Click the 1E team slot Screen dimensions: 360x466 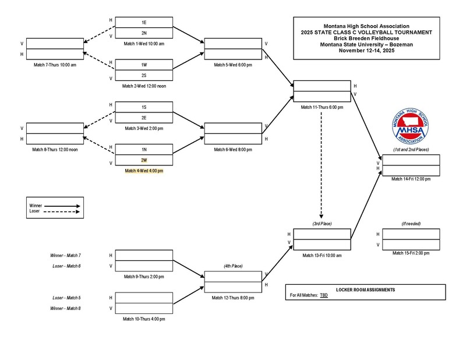pyautogui.click(x=143, y=22)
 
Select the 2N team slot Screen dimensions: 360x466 pyautogui.click(x=143, y=33)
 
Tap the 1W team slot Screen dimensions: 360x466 pyautogui.click(x=143, y=65)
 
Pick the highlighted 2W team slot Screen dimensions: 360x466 pyautogui.click(x=143, y=160)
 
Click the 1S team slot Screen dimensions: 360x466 pyautogui.click(x=143, y=107)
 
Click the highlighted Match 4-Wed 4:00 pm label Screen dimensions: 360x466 pyautogui.click(x=143, y=171)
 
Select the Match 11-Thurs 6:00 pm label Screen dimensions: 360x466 pyautogui.click(x=322, y=107)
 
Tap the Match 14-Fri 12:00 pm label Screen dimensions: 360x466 pyautogui.click(x=411, y=179)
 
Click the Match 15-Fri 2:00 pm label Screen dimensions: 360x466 pyautogui.click(x=411, y=253)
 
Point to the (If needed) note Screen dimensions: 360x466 pyautogui.click(x=411, y=224)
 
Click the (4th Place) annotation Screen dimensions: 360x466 pyautogui.click(x=232, y=266)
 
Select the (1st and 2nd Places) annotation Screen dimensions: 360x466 pyautogui.click(x=411, y=150)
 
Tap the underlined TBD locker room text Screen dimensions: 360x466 pyautogui.click(x=324, y=296)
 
